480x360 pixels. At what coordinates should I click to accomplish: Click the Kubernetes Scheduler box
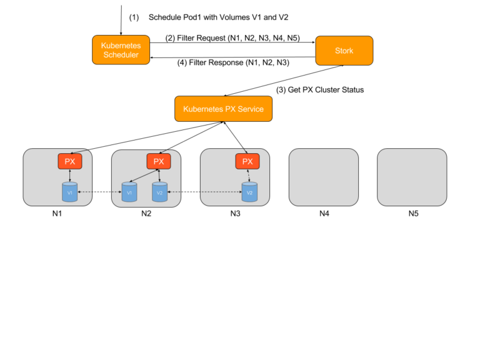click(121, 50)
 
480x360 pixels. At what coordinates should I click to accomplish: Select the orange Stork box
click(344, 51)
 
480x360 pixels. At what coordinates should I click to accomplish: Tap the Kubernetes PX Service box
click(223, 109)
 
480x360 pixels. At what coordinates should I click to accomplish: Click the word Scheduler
click(121, 55)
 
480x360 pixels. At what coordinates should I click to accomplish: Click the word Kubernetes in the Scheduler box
click(121, 46)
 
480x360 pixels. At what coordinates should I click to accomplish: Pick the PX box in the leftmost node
click(70, 161)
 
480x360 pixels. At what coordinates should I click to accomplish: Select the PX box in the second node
click(159, 161)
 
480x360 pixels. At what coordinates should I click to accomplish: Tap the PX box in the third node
click(247, 161)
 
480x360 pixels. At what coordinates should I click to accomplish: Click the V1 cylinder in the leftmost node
click(70, 192)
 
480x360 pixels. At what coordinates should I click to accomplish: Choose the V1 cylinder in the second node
click(129, 192)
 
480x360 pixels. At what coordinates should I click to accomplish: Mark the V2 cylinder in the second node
click(159, 192)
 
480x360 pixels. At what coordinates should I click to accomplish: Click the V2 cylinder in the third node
click(249, 192)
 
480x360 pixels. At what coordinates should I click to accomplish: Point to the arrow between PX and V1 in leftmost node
click(70, 176)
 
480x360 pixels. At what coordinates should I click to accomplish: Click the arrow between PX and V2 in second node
click(159, 176)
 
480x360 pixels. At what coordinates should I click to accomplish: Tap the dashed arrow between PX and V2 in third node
click(248, 176)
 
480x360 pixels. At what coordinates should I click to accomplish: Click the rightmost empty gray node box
click(412, 177)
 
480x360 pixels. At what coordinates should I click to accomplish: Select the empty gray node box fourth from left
click(323, 177)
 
